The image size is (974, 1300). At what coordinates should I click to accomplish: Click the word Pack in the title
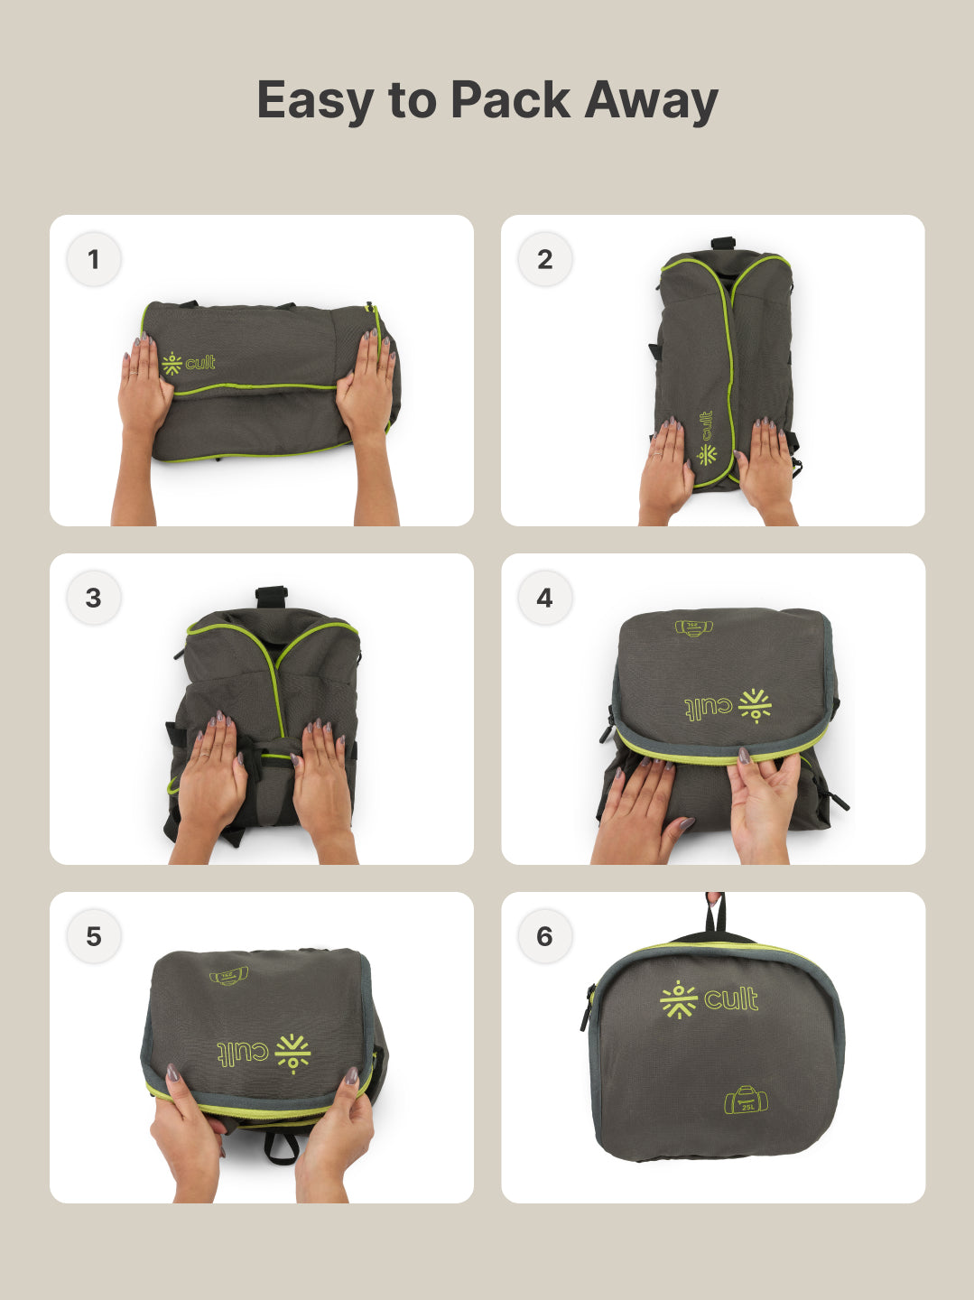(510, 99)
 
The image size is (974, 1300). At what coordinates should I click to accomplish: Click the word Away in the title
(651, 101)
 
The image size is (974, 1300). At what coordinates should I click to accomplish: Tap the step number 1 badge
(93, 260)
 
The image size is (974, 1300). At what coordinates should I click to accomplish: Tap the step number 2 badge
(544, 260)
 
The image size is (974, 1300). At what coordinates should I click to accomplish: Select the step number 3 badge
(93, 598)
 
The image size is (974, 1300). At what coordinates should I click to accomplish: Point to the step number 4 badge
(544, 598)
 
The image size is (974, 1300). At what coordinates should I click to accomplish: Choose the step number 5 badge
(93, 936)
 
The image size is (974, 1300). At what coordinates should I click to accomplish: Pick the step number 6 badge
(544, 936)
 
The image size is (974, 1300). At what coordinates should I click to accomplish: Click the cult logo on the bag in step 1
(189, 363)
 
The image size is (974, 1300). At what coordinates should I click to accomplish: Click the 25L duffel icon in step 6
(747, 1100)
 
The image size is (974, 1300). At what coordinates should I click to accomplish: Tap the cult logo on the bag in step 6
(710, 999)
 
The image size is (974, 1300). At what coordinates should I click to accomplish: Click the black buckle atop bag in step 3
(271, 597)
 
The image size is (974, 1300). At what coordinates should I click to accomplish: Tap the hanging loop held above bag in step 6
(715, 914)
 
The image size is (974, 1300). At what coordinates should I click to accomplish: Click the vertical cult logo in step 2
(707, 438)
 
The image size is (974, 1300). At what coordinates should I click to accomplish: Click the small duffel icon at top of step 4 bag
(693, 627)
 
